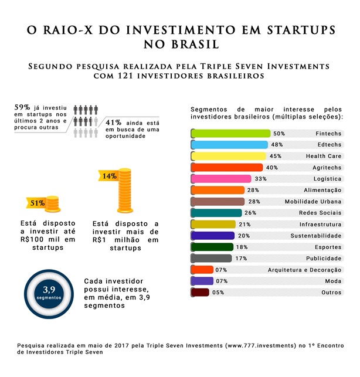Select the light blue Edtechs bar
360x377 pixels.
click(x=229, y=145)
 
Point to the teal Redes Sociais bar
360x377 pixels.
click(x=216, y=213)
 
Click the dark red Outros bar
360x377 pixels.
click(x=201, y=292)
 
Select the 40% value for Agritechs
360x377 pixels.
click(x=271, y=168)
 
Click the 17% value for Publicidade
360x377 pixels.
click(x=241, y=258)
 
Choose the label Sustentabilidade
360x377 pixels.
click(x=317, y=236)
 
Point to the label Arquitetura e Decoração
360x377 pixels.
click(x=304, y=270)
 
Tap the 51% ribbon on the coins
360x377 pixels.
click(x=37, y=203)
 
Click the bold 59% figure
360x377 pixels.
click(x=22, y=107)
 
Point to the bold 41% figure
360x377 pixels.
click(x=114, y=122)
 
